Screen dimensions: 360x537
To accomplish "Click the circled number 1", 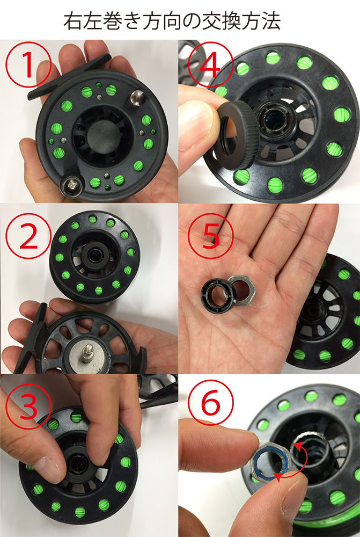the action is tap(28, 65).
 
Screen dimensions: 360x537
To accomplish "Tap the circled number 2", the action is tap(28, 236).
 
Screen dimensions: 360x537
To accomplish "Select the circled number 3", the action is tap(28, 405).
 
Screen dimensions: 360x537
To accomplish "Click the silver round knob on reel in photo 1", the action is tap(137, 98).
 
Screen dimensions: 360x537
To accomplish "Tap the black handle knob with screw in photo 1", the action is tap(72, 185).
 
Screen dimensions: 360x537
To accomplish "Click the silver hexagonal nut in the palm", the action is tap(241, 289).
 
